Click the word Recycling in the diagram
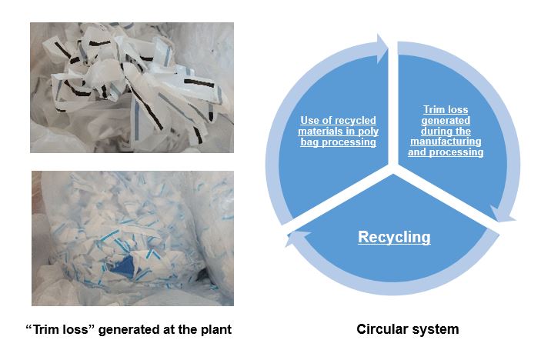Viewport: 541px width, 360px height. click(394, 237)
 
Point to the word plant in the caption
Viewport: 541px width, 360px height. click(215, 330)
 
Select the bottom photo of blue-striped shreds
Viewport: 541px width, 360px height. click(132, 238)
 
